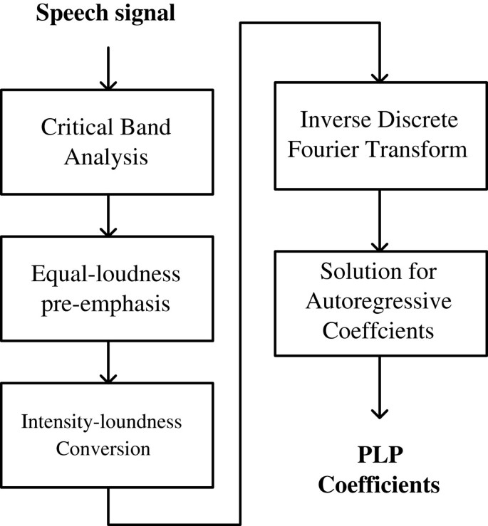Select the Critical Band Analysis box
[107, 143]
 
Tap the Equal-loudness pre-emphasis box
[107, 290]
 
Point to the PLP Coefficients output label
[380, 471]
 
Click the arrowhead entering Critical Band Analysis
[107, 84]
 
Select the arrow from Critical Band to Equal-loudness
[107, 217]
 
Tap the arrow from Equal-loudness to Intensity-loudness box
[107, 363]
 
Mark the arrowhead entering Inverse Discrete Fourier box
[380, 76]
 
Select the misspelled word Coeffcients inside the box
[380, 332]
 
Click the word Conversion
[107, 449]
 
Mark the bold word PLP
[380, 456]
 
